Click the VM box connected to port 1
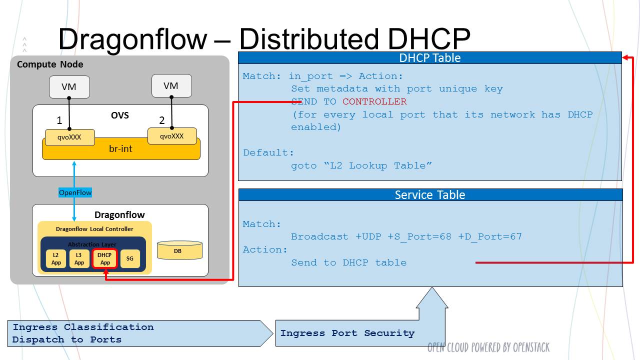click(69, 87)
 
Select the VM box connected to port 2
click(171, 85)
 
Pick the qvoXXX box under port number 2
click(172, 136)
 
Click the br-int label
click(120, 149)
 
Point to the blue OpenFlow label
click(75, 192)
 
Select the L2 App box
click(56, 259)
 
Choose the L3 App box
click(79, 259)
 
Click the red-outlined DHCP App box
click(104, 259)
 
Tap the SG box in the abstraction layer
click(130, 259)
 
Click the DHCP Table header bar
click(430, 58)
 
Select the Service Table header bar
click(430, 195)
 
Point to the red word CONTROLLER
click(374, 101)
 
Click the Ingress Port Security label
click(347, 333)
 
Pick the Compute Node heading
click(50, 64)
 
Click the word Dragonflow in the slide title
click(132, 39)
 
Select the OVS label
click(120, 115)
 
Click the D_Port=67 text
click(490, 236)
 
